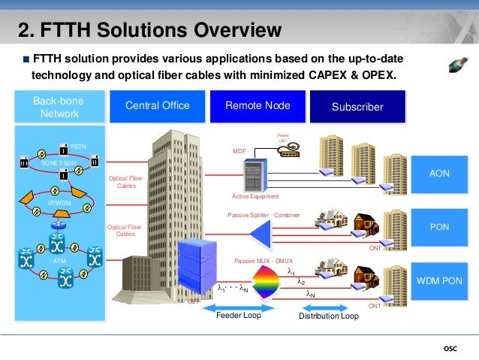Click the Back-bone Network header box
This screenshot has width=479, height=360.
pyautogui.click(x=59, y=107)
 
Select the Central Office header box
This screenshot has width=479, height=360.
pyautogui.click(x=157, y=106)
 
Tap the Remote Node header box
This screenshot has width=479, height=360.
pyautogui.click(x=258, y=106)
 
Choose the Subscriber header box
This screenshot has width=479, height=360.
pyautogui.click(x=357, y=107)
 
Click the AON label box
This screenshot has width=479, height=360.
pyautogui.click(x=438, y=174)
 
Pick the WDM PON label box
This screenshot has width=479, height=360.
pyautogui.click(x=438, y=280)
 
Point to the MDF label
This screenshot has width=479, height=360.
pyautogui.click(x=239, y=151)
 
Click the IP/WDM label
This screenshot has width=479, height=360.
pyautogui.click(x=59, y=203)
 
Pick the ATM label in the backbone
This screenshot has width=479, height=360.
pyautogui.click(x=59, y=260)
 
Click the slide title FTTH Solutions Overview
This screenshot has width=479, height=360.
pyautogui.click(x=150, y=30)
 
